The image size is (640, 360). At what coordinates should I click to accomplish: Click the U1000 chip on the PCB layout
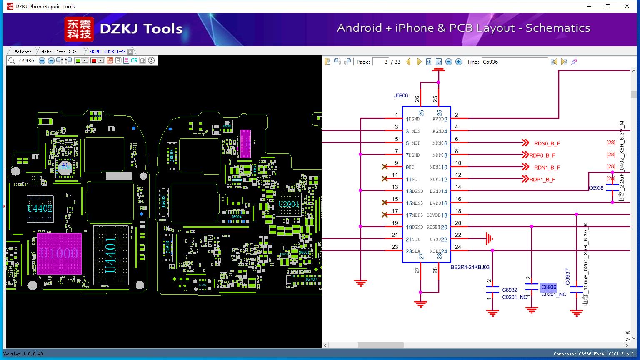(x=59, y=253)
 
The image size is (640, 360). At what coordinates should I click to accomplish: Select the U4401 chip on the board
(x=110, y=255)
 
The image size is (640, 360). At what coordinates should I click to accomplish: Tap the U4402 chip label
(x=40, y=208)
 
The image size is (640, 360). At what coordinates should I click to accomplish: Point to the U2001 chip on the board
(x=289, y=204)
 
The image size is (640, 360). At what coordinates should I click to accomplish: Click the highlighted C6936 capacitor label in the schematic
(x=548, y=287)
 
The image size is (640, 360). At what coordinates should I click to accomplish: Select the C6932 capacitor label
(x=510, y=290)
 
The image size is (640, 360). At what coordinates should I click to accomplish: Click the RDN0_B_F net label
(x=547, y=143)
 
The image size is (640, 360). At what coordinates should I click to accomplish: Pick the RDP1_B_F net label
(x=542, y=180)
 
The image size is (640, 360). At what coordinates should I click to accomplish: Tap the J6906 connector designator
(x=401, y=95)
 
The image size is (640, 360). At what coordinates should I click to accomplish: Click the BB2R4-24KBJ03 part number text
(x=470, y=267)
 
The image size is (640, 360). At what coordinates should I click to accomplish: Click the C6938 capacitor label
(x=596, y=188)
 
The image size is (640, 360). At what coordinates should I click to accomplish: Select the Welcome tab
(x=23, y=52)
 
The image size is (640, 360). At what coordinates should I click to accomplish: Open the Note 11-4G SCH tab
(x=59, y=52)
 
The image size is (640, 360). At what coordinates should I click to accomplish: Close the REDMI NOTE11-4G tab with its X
(x=130, y=52)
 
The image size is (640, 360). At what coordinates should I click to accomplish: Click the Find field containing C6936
(x=514, y=62)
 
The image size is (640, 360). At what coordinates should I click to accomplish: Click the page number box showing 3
(x=381, y=62)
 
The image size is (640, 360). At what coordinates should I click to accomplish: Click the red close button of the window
(x=627, y=6)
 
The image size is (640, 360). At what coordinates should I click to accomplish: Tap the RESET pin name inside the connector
(x=433, y=227)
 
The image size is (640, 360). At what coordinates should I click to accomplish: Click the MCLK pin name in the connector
(x=435, y=251)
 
